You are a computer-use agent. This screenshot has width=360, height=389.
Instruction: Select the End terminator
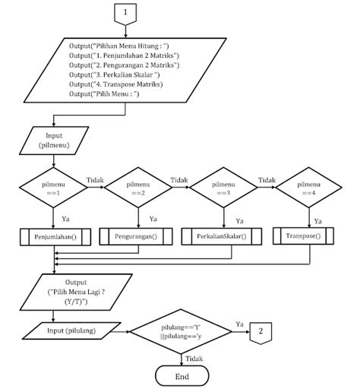tap(183, 376)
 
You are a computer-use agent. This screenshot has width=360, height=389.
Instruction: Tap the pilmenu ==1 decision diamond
tap(54, 188)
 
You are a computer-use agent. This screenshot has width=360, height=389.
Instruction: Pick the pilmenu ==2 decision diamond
tap(139, 188)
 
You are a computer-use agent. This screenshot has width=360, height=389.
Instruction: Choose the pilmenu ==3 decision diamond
tap(223, 188)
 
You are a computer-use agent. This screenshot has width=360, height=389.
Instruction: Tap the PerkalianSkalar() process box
tap(223, 237)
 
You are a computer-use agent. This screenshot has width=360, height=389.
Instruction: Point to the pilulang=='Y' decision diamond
tap(182, 331)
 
